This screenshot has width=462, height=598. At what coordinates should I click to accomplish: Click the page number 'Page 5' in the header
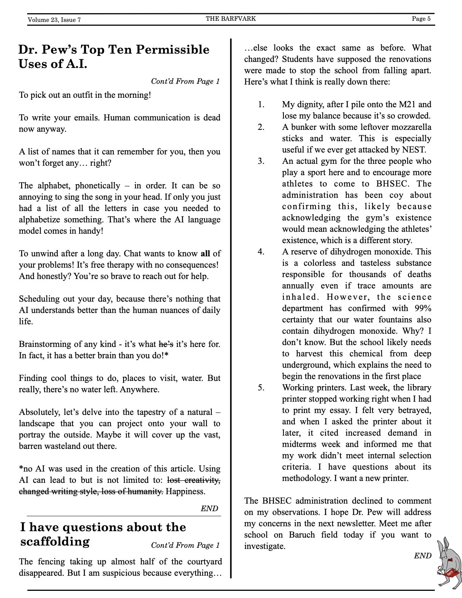click(x=421, y=19)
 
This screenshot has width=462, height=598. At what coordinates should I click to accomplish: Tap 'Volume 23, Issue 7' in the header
click(x=54, y=20)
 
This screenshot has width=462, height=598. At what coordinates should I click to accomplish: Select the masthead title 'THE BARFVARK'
click(x=231, y=18)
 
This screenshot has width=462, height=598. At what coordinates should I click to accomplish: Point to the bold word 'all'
click(x=205, y=254)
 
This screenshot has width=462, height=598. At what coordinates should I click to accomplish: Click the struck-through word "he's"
click(x=166, y=344)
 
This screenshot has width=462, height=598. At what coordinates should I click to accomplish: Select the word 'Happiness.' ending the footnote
click(x=186, y=492)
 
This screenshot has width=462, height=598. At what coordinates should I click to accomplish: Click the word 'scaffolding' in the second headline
click(x=55, y=542)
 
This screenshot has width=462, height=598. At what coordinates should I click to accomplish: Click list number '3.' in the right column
click(x=261, y=161)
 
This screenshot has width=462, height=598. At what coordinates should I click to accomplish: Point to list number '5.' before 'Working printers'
click(x=261, y=388)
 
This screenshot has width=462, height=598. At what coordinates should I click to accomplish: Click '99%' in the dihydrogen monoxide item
click(x=423, y=308)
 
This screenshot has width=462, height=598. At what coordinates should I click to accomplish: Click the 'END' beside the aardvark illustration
click(x=422, y=556)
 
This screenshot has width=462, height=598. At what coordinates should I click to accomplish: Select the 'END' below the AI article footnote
click(x=209, y=509)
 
